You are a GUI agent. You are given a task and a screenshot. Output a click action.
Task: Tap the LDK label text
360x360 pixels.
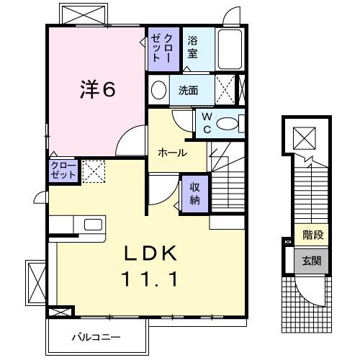coord(151,254)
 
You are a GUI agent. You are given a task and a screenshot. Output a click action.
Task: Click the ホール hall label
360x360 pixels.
coord(173,153)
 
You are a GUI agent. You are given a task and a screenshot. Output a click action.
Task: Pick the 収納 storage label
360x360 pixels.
coord(195,194)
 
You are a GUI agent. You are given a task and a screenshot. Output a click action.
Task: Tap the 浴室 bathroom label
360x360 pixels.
coord(192,47)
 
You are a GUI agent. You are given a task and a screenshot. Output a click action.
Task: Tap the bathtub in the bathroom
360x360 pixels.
coord(230,50)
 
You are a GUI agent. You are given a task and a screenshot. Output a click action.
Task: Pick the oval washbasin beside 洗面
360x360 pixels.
coord(158,90)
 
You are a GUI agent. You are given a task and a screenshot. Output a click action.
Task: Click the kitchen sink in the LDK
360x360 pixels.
coord(93,225)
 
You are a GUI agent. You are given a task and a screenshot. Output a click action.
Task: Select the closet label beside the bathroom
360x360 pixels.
coord(158,48)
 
